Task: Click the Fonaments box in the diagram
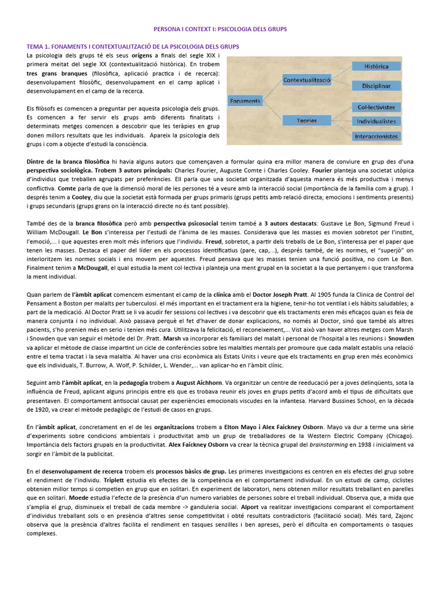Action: click(245, 101)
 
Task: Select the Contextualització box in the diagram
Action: click(307, 81)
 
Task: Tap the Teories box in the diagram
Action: click(307, 121)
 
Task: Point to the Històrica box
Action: click(376, 67)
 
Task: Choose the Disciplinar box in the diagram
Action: click(376, 86)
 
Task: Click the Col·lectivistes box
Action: click(376, 107)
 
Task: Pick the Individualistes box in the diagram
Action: click(376, 121)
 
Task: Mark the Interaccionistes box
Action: click(376, 136)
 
